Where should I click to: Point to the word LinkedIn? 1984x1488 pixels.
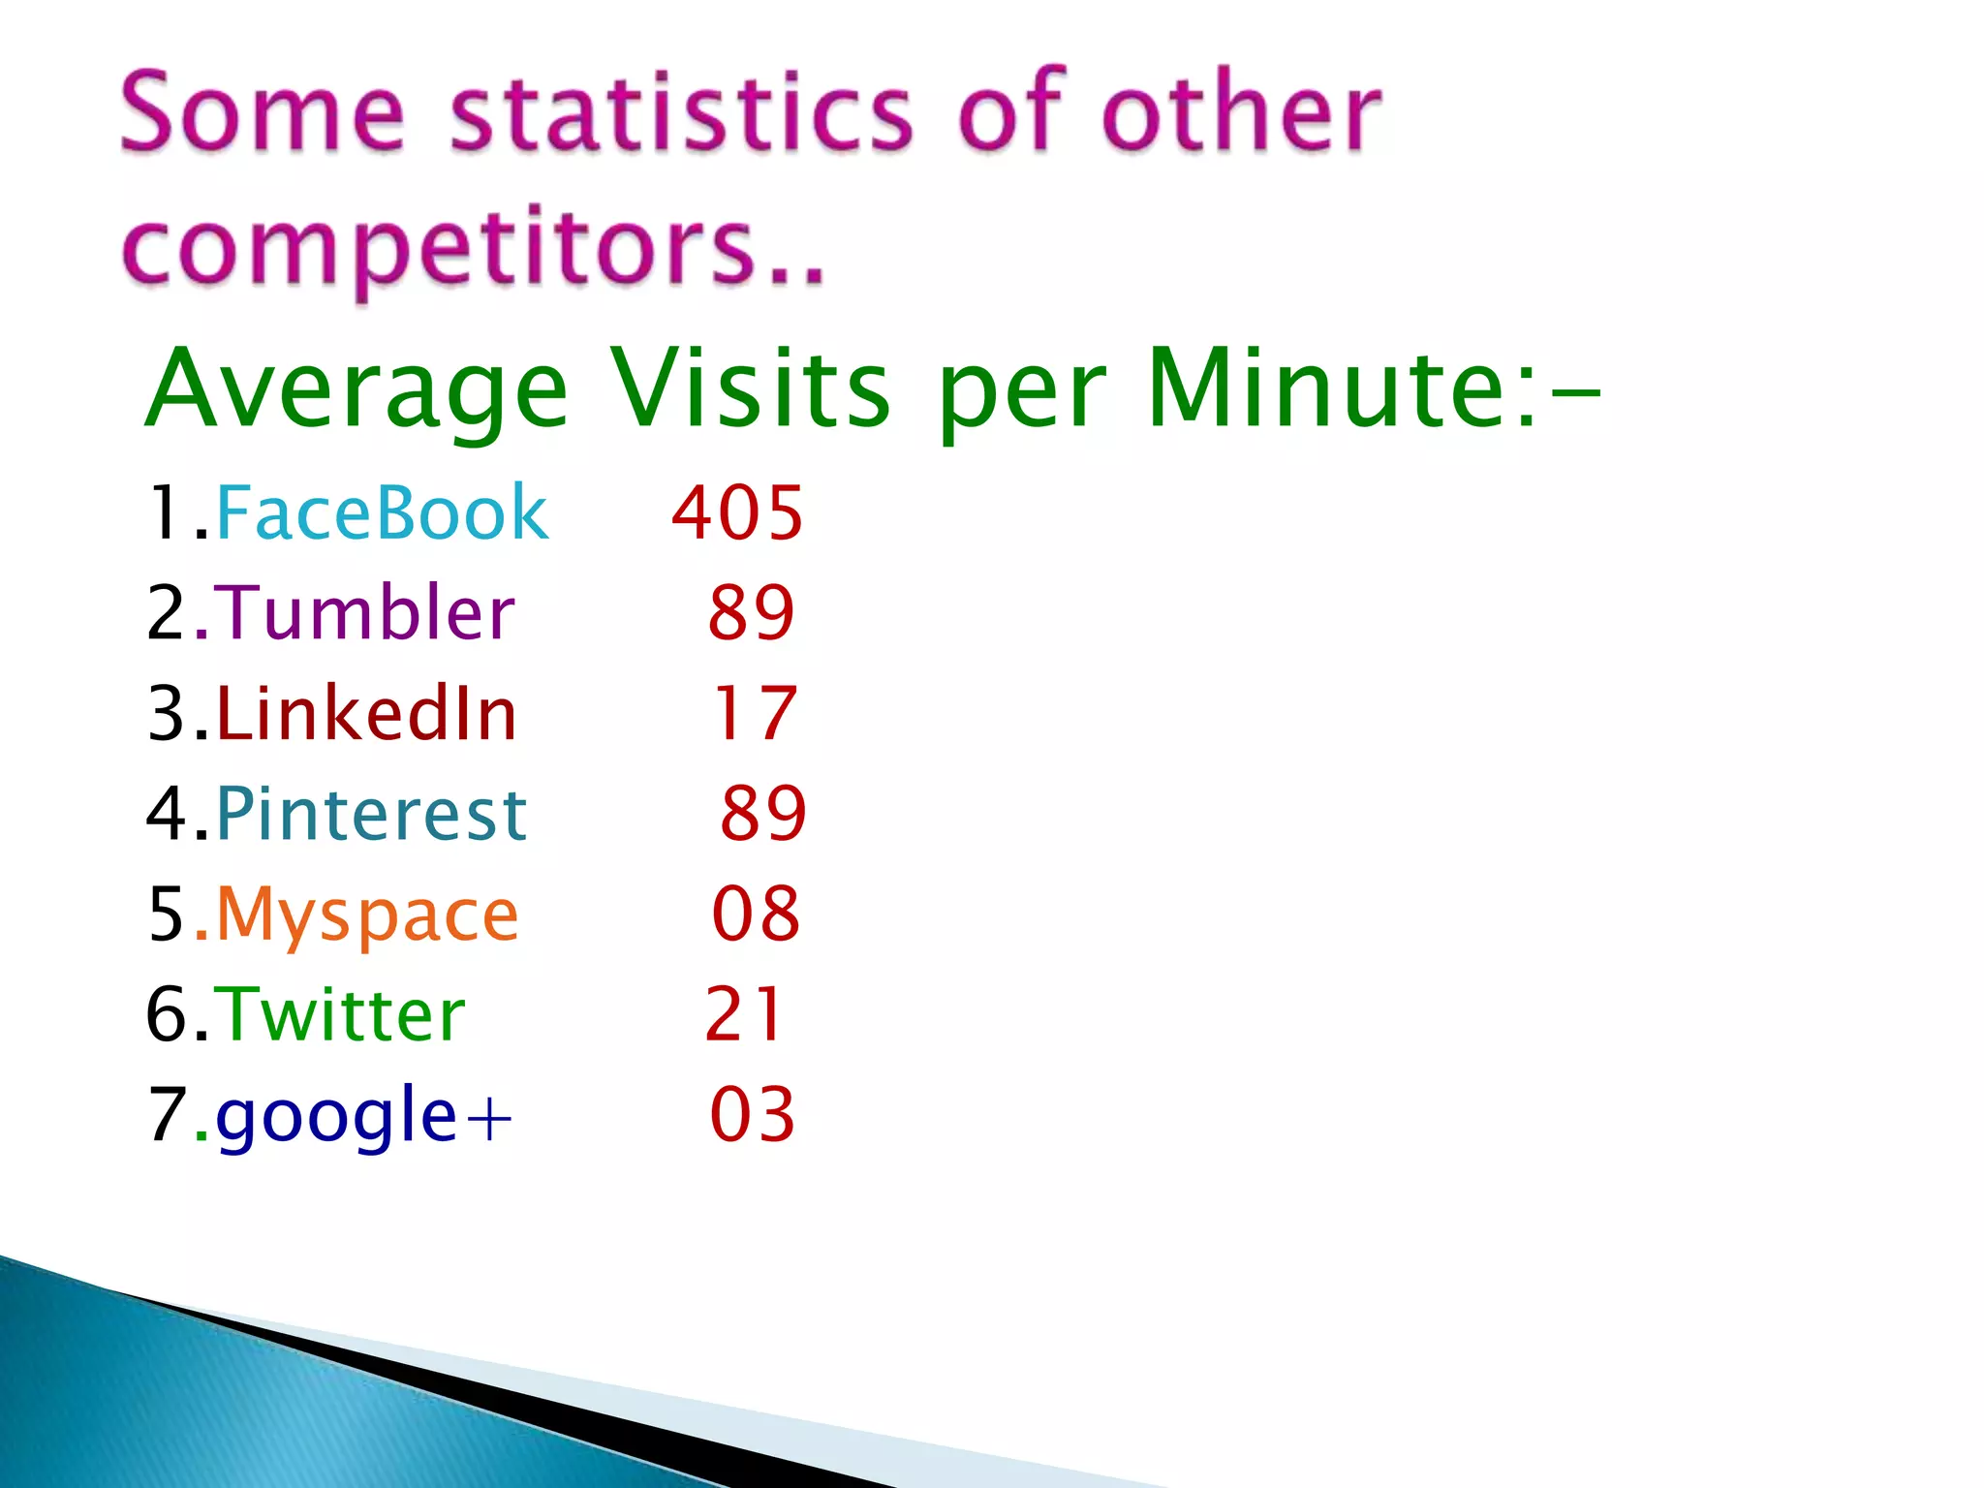tap(366, 713)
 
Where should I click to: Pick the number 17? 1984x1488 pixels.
tap(755, 713)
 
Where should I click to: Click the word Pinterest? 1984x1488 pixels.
tap(371, 814)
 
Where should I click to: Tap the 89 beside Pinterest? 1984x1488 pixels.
tap(763, 814)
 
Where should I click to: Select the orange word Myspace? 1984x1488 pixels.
tap(367, 915)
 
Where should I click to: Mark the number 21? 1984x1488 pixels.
tap(743, 1014)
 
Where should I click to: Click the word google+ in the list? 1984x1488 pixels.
tap(363, 1117)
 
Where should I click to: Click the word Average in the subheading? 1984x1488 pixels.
tap(356, 389)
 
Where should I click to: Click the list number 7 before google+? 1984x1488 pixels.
tap(167, 1114)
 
